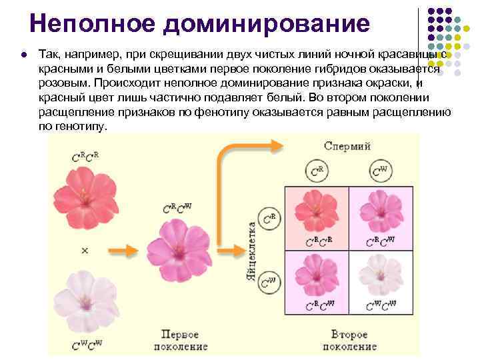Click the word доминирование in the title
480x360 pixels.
click(x=265, y=24)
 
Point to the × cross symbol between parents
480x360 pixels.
click(x=85, y=250)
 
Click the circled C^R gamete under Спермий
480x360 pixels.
click(x=317, y=172)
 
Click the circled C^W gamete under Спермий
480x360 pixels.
click(x=379, y=172)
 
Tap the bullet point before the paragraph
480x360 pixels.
click(x=23, y=53)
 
